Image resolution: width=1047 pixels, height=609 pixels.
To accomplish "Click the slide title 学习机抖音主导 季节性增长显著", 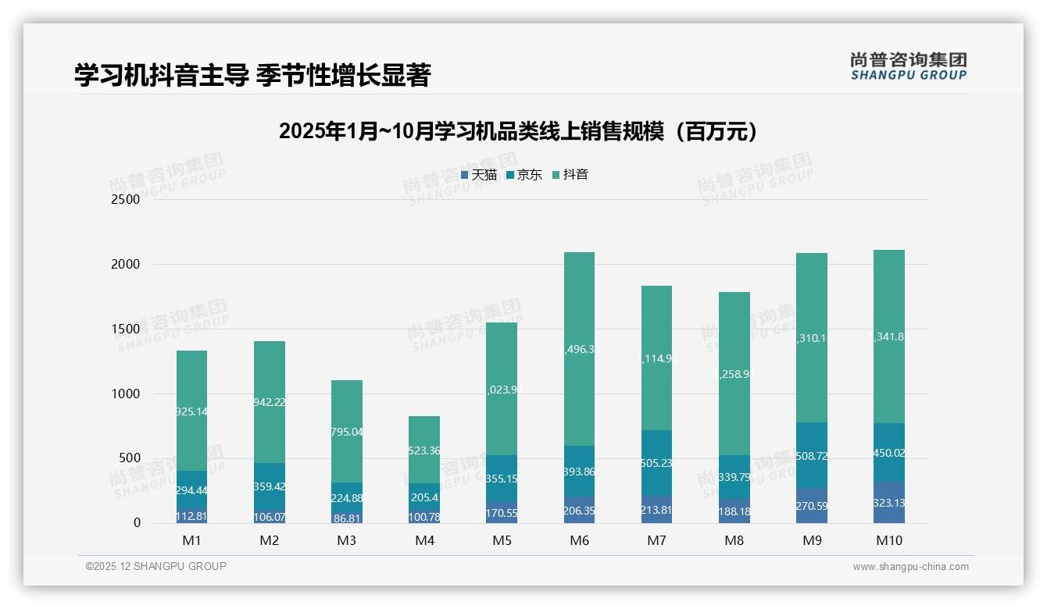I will tap(252, 75).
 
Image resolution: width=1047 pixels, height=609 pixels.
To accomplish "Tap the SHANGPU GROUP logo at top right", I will tap(908, 66).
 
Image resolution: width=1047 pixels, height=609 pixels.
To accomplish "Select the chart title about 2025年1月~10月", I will tap(518, 131).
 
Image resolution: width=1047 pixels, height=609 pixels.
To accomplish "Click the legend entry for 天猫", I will tap(478, 175).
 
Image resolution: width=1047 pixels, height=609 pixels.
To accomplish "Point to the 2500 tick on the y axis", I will tap(125, 199).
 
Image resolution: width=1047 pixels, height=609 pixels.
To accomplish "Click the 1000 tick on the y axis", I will tap(125, 394).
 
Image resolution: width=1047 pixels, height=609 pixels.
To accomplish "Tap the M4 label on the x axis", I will tap(424, 540).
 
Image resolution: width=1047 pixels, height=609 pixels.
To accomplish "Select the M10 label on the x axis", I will tap(888, 540).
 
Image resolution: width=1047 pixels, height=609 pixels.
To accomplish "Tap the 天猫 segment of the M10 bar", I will tap(889, 503).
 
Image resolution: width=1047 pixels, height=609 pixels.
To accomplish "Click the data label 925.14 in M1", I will tap(191, 411).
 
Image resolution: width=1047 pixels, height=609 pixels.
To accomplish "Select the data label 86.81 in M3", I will tap(347, 518).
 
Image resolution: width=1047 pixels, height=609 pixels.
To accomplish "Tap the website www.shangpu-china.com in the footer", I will tap(910, 567).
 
